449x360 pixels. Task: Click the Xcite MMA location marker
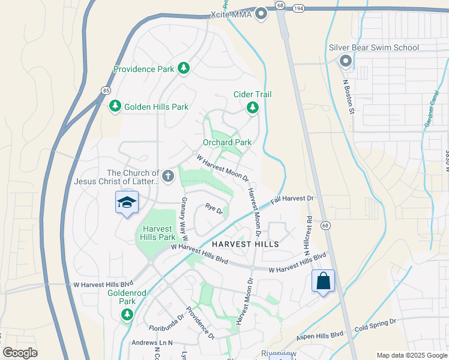[261, 13]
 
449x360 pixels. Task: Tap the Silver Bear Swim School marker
[345, 61]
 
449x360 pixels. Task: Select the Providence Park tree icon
[184, 69]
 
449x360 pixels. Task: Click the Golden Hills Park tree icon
[115, 106]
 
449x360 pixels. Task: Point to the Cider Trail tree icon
[253, 107]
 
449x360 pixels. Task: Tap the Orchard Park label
[227, 142]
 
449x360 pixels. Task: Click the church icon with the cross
[169, 176]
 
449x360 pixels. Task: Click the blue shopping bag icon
[323, 280]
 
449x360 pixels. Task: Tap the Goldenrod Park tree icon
[127, 314]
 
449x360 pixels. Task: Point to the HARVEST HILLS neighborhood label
[246, 244]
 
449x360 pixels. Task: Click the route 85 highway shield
[106, 90]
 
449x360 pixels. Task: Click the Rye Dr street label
[214, 209]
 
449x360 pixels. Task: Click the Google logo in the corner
[20, 353]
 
